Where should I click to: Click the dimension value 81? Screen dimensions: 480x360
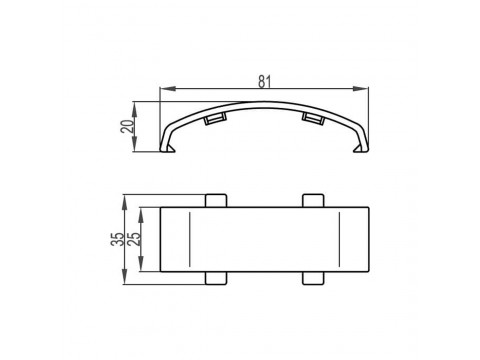pos(264,82)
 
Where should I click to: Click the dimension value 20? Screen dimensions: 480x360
pos(127,126)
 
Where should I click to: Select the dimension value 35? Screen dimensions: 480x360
pos(117,239)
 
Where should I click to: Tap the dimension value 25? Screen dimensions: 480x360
pos(135,239)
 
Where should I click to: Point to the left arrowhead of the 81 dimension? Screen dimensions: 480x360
pos(168,88)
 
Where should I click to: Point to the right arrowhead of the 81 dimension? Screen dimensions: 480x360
pos(361,88)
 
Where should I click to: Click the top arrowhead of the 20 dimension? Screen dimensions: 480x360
pos(134,109)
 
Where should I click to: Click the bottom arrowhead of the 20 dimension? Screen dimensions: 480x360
pos(134,144)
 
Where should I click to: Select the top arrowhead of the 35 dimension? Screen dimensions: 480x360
pos(125,202)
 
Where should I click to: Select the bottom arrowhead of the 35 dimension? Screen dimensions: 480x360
pos(125,277)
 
